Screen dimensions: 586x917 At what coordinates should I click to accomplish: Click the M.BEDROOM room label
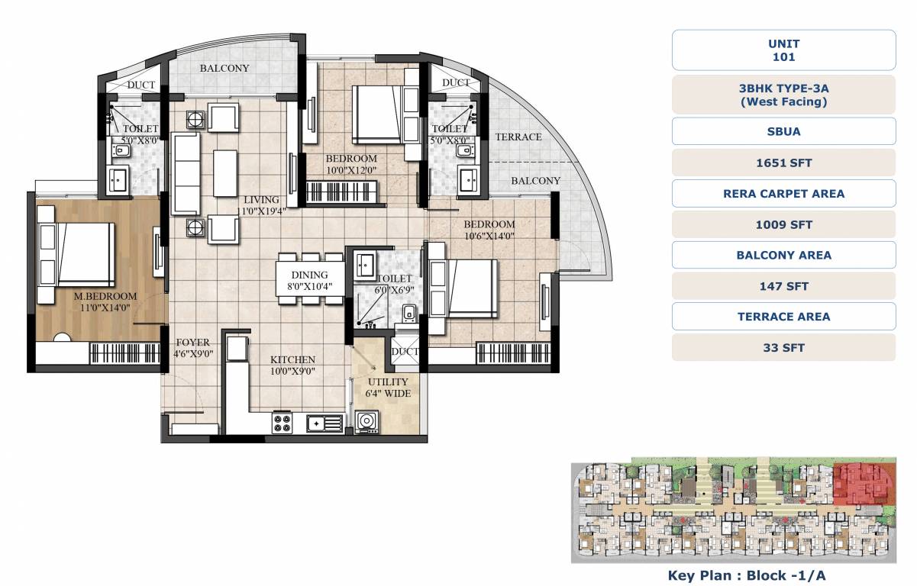click(x=105, y=296)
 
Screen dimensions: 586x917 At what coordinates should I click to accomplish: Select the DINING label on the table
click(x=309, y=275)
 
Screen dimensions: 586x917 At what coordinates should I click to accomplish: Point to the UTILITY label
click(x=388, y=382)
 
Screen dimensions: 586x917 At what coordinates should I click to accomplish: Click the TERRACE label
click(x=518, y=137)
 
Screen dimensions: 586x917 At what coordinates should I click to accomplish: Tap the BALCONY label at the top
click(x=224, y=68)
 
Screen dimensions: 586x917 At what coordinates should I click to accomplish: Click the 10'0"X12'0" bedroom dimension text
click(x=352, y=170)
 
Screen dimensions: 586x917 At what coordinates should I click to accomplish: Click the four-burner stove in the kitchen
click(x=282, y=422)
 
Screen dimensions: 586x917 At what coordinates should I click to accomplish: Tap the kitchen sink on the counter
click(x=325, y=422)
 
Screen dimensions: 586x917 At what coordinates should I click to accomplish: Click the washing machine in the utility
click(x=366, y=422)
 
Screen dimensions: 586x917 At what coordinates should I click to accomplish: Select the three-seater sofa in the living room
click(x=186, y=174)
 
